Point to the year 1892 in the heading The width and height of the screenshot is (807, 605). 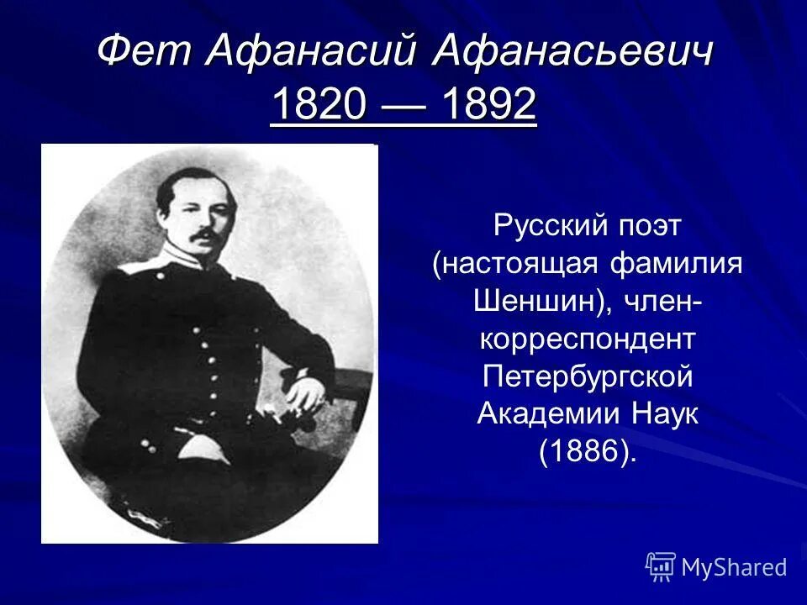point(488,106)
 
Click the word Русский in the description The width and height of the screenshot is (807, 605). point(549,226)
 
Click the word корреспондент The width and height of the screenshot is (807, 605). point(588,339)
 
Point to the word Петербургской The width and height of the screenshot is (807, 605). point(588,377)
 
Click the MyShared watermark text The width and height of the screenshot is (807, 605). point(734,567)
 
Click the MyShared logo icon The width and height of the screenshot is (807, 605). point(661,567)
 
